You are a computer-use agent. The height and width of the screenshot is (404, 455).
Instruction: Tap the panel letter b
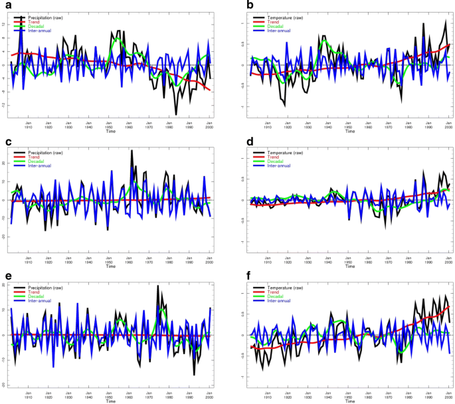[232, 6]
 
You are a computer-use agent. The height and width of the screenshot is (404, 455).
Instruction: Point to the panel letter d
[232, 142]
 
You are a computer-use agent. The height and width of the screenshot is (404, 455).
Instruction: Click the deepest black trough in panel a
[176, 114]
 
